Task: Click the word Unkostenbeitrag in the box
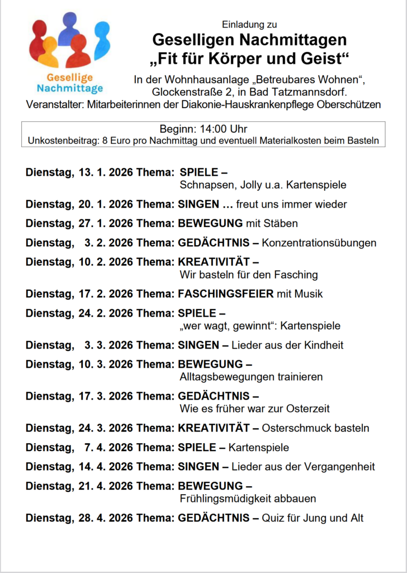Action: click(x=62, y=140)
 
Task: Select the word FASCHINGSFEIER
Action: click(x=226, y=294)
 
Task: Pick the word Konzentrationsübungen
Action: click(x=319, y=243)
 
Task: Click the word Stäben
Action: click(x=282, y=223)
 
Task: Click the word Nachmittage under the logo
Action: click(x=70, y=88)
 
